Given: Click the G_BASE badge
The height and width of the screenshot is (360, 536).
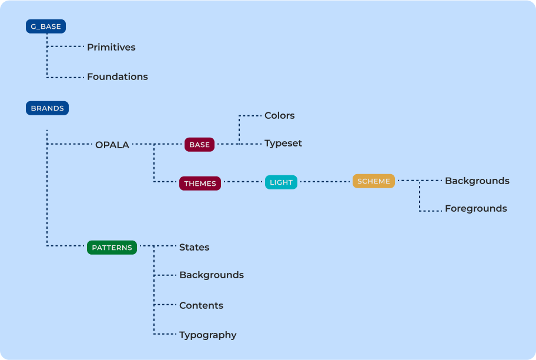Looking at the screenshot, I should coord(46,26).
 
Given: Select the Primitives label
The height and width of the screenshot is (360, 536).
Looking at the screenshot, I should coord(111,47).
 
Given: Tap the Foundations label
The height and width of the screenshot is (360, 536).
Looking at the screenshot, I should coord(118,76).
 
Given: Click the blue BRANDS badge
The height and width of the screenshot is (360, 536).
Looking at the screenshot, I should coord(47,108).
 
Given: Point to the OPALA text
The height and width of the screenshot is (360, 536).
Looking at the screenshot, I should coord(112,145).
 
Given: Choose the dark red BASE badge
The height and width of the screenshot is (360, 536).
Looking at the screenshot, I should coord(199,145).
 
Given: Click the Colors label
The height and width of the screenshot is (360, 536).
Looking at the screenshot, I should coord(279,115).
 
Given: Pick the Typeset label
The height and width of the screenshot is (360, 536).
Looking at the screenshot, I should coord(283,143).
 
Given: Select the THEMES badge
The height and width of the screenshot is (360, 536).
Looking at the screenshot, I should coord(200,183).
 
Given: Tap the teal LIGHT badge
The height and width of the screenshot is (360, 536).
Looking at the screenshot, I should coord(281,182).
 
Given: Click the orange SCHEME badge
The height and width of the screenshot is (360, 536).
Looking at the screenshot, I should coord(373,181).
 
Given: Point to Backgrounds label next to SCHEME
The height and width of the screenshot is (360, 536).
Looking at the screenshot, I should coord(477,181).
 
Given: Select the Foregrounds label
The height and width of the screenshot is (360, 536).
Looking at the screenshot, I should coord(475,208).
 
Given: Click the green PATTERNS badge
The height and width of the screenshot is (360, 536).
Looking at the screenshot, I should coord(112,248).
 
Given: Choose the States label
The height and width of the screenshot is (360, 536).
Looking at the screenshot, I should coord(194,247).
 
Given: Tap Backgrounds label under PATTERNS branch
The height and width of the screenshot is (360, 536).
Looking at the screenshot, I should coord(211,275).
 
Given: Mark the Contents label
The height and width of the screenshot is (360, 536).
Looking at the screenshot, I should coord(201,305).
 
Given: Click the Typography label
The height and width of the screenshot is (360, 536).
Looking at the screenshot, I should coord(207,335).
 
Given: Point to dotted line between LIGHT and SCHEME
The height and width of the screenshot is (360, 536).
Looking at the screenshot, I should coord(325,182).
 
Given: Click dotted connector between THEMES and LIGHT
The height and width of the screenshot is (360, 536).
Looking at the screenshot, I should coord(243,182).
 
